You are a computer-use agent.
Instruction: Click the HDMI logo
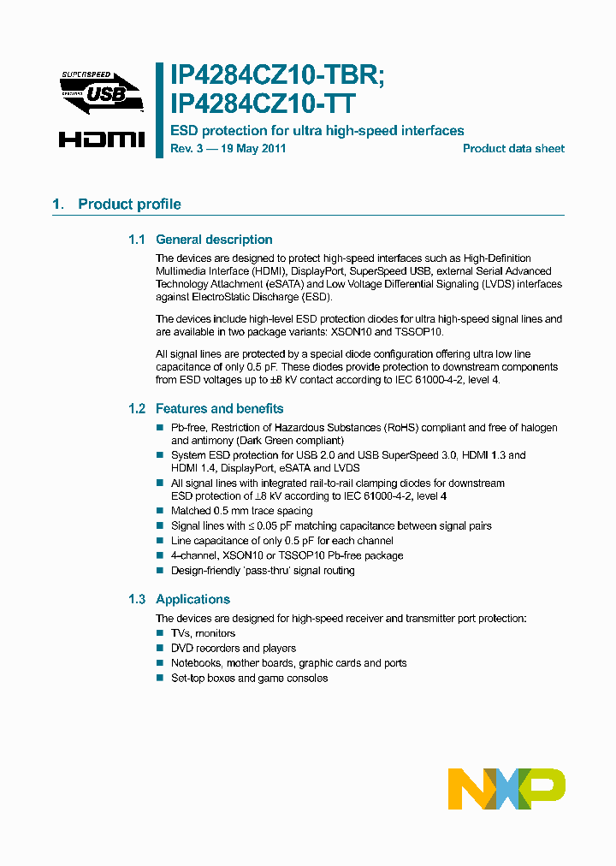pyautogui.click(x=102, y=138)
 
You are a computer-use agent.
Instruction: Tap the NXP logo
pyautogui.click(x=506, y=788)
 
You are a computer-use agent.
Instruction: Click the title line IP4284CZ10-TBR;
pyautogui.click(x=278, y=76)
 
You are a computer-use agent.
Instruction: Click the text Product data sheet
pyautogui.click(x=513, y=149)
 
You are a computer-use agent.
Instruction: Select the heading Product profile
pyautogui.click(x=129, y=205)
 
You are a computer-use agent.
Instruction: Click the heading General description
pyautogui.click(x=214, y=240)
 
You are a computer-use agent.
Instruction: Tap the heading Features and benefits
pyautogui.click(x=219, y=409)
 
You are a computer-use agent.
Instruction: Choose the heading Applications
pyautogui.click(x=192, y=600)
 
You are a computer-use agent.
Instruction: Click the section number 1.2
pyautogui.click(x=137, y=409)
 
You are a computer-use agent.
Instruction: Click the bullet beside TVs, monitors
pyautogui.click(x=159, y=633)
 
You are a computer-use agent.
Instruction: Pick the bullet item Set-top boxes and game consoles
pyautogui.click(x=249, y=679)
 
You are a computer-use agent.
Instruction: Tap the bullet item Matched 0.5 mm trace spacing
pyautogui.click(x=241, y=511)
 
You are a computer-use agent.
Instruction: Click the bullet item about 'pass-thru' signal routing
pyautogui.click(x=263, y=571)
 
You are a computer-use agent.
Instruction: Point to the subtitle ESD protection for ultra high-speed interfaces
pyautogui.click(x=317, y=131)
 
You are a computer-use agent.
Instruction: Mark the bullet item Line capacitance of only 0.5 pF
pyautogui.click(x=281, y=541)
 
